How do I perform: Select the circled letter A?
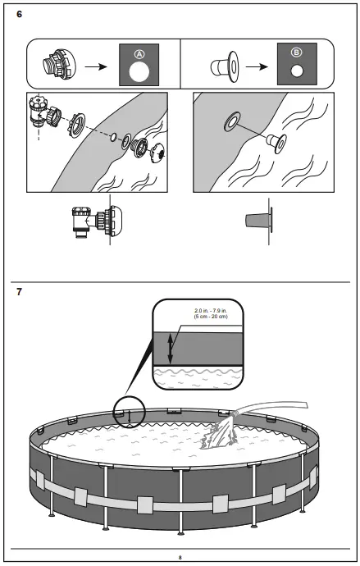139,52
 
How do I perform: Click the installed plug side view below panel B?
257,222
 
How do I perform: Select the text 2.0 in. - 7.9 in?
210,312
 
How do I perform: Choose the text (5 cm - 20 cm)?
210,318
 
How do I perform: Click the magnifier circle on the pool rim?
127,414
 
